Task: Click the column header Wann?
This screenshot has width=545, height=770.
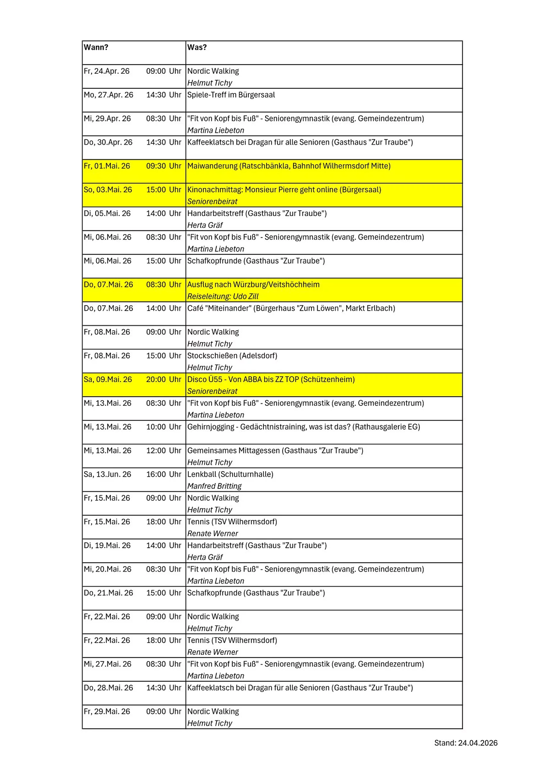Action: [96, 47]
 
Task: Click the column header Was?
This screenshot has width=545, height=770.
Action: [197, 47]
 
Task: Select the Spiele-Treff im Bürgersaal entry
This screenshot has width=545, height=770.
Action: [231, 95]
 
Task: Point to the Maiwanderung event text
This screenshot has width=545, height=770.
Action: [289, 166]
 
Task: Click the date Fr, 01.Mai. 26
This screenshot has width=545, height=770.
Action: [107, 166]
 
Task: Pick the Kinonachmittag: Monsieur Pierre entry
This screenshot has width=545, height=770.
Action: [284, 190]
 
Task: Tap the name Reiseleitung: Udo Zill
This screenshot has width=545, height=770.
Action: [223, 297]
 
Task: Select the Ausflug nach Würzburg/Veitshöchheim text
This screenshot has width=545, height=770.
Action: [253, 285]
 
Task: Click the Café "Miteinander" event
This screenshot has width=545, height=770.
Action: [291, 308]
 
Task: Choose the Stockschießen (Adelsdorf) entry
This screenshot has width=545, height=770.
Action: [232, 356]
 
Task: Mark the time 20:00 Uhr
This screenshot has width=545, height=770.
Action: [163, 380]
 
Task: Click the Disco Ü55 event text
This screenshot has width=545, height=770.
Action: [271, 380]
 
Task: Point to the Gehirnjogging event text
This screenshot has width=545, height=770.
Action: [303, 427]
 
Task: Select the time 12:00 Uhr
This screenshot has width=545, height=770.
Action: [163, 451]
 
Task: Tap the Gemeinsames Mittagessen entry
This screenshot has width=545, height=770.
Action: [275, 451]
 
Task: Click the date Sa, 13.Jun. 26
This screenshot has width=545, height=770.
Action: [107, 475]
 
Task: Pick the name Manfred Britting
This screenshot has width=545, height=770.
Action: [214, 486]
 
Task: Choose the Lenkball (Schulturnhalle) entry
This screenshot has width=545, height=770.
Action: [230, 475]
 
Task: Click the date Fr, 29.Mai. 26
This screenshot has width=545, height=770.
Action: [107, 712]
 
